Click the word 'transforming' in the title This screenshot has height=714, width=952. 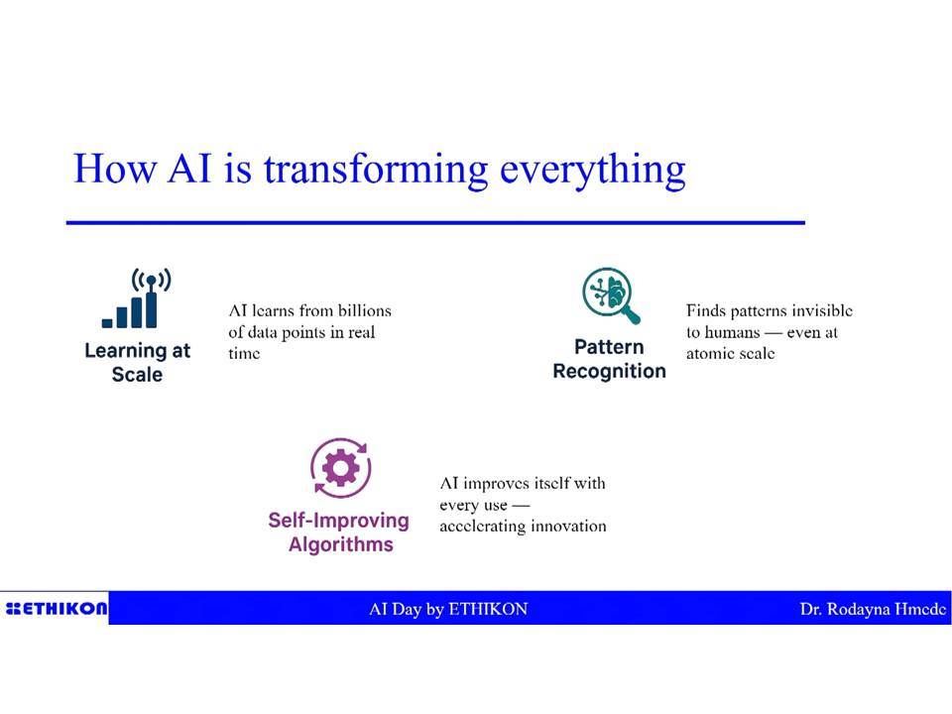pos(375,169)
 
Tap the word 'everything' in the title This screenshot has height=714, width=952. pos(592,170)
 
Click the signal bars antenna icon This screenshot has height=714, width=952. pos(137,298)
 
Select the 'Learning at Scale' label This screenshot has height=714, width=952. pos(137,362)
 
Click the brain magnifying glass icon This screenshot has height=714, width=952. pos(611,296)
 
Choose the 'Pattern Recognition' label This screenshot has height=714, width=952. pos(609,359)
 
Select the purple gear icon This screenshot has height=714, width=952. pos(340,467)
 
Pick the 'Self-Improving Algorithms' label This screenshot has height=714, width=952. pos(339,532)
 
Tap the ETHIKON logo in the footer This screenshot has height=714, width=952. pos(56,608)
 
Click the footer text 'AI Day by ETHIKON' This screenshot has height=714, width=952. pos(448,609)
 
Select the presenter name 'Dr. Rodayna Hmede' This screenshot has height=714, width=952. pos(873,609)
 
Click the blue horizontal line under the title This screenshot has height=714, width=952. pos(435,223)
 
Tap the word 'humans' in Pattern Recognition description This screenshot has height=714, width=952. pos(732,333)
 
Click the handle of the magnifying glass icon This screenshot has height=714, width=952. pos(632,315)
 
